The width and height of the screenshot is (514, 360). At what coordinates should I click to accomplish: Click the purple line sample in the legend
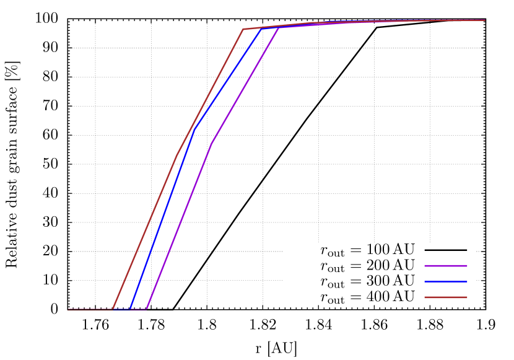[445, 266]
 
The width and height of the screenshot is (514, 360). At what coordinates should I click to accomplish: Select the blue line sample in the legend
[445, 282]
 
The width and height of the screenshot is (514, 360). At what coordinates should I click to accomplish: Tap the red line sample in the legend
[445, 297]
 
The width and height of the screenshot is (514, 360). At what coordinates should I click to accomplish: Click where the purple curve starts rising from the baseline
[147, 309]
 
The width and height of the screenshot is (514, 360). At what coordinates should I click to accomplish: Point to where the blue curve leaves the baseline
[131, 309]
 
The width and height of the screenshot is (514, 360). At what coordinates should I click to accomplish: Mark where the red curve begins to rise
[113, 309]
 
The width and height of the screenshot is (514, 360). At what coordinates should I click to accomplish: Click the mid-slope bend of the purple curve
[212, 144]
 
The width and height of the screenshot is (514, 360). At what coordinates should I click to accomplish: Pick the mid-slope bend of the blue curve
[195, 128]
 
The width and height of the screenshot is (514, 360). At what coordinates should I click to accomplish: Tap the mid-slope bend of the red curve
[178, 153]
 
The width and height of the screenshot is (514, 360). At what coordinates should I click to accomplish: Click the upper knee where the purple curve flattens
[278, 29]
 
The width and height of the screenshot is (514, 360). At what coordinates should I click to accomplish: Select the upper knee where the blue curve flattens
[261, 29]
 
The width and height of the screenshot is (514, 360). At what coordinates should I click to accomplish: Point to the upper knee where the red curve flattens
[243, 29]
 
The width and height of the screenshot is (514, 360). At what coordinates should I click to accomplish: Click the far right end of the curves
[484, 20]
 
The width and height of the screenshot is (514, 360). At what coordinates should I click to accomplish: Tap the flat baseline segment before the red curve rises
[90, 309]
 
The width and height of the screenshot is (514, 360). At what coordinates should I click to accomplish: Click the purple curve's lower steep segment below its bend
[180, 226]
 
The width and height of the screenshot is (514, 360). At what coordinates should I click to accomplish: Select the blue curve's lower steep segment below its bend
[163, 219]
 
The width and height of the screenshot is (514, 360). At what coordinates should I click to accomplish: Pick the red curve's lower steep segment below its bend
[146, 231]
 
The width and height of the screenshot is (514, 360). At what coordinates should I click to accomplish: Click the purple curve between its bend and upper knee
[245, 87]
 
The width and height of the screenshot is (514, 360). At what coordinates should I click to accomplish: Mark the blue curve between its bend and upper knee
[228, 79]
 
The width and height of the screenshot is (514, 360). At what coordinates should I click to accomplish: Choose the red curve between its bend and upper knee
[211, 92]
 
